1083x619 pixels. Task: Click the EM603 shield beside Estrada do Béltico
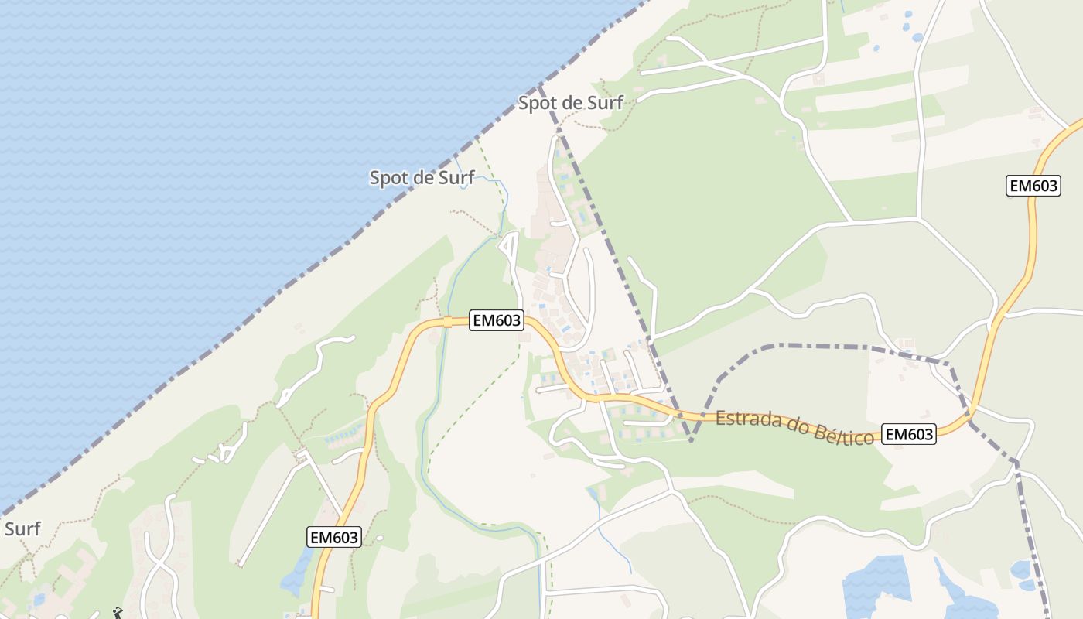(909, 434)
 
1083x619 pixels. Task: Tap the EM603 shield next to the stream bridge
(497, 320)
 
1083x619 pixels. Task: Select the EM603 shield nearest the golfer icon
(334, 537)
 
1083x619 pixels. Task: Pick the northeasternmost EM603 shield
(1033, 186)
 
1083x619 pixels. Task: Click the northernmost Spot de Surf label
(570, 103)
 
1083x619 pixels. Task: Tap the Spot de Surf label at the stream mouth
(422, 178)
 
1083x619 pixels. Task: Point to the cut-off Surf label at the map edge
(22, 530)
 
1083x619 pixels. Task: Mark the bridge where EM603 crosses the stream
(447, 322)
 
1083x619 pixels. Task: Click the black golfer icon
(118, 613)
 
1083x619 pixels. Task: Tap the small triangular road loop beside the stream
(508, 246)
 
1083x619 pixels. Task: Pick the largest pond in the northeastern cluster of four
(917, 36)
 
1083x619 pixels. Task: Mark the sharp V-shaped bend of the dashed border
(692, 440)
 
